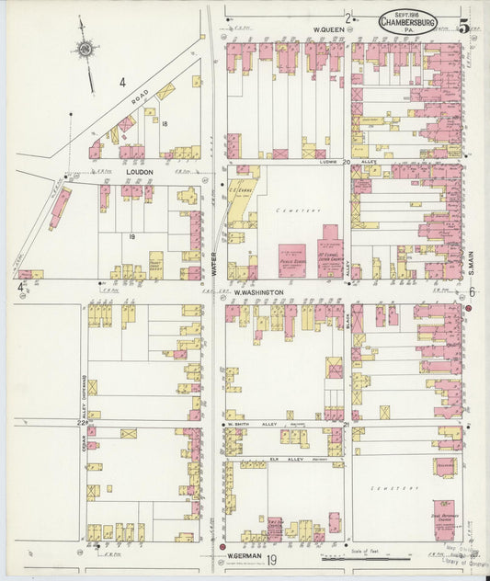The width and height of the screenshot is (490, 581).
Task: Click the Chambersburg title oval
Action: [409, 20]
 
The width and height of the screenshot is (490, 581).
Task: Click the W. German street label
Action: [243, 555]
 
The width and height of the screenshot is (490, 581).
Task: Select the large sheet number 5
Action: [464, 27]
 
